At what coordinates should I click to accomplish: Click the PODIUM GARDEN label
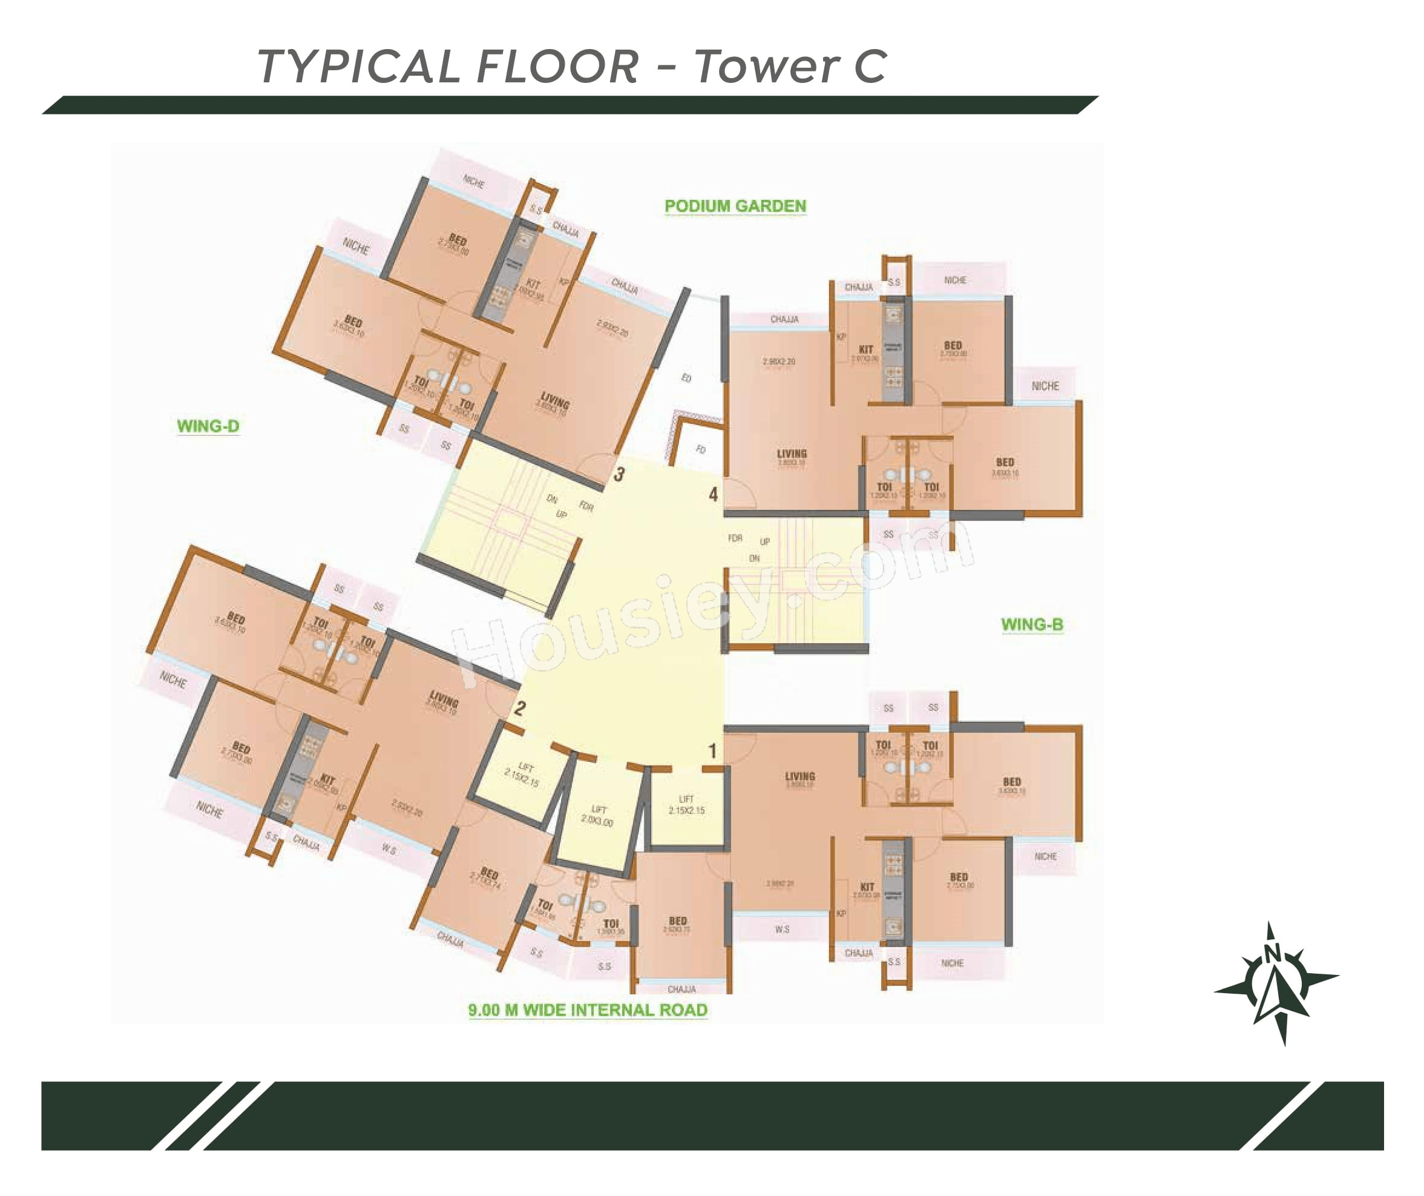point(735,206)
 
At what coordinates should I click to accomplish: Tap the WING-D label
point(208,426)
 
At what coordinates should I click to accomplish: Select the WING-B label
point(1032,625)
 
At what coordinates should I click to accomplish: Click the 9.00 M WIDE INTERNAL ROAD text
point(587,1010)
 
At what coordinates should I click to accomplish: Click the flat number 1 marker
point(712,751)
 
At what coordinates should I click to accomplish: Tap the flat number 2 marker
point(520,709)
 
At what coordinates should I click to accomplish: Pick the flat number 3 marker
point(618,475)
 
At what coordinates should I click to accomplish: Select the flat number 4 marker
point(714,495)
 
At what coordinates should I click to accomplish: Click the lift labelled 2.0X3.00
point(597,814)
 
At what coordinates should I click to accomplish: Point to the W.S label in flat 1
point(782,929)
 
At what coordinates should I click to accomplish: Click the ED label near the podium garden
point(686,378)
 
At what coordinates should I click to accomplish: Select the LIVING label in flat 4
point(792,454)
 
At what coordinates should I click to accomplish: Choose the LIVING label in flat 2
point(444,698)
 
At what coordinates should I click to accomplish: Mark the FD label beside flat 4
point(700,449)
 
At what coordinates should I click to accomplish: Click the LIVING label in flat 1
point(799,776)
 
